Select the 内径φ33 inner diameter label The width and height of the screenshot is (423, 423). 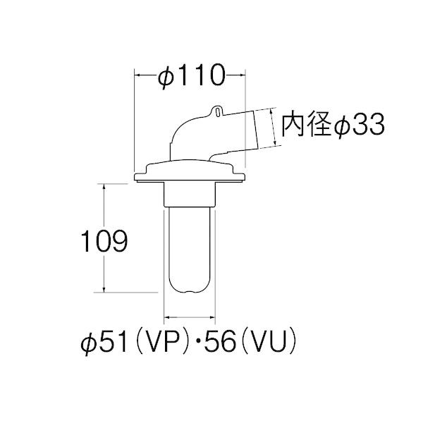[x=332, y=125]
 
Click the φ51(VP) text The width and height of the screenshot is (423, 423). [x=135, y=343]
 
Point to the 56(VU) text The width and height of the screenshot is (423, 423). [x=246, y=343]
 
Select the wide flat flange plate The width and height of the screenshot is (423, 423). [x=189, y=170]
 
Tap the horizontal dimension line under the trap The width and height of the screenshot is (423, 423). [x=189, y=318]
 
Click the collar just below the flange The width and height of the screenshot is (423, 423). [x=189, y=192]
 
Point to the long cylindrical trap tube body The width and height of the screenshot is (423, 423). [x=189, y=243]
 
